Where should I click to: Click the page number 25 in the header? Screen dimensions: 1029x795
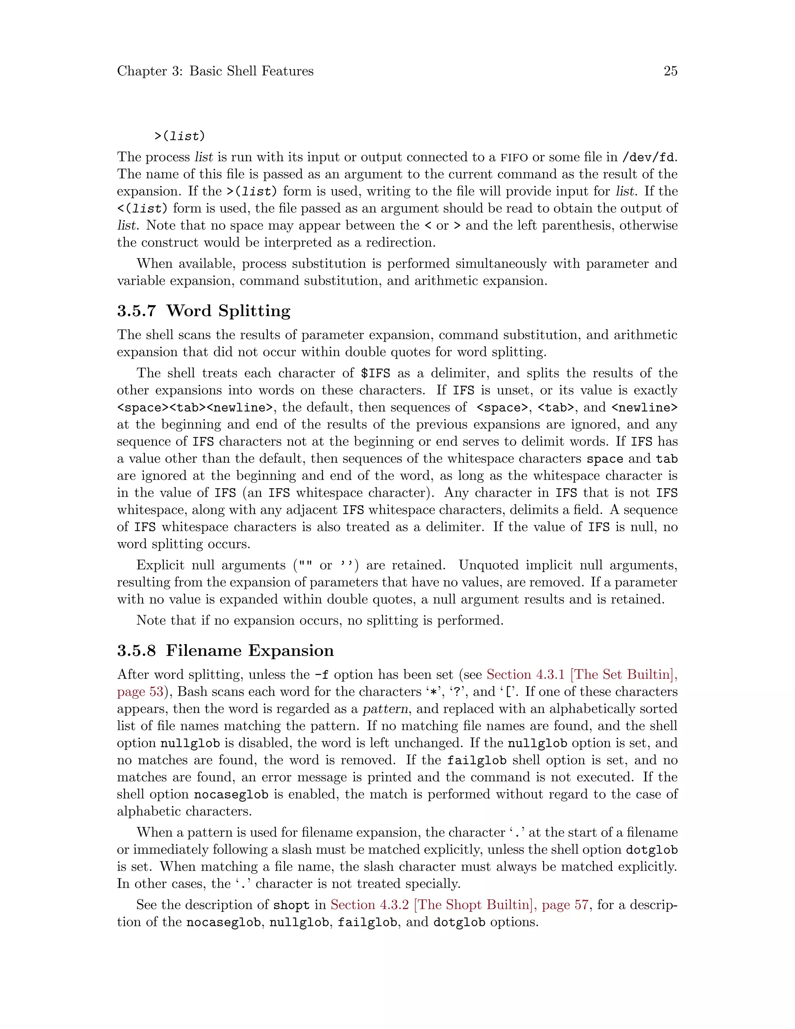click(670, 71)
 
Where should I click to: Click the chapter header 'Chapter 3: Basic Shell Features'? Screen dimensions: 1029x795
click(215, 71)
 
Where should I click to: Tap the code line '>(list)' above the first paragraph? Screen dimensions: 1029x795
click(179, 136)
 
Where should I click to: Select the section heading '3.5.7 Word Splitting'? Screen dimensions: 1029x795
click(203, 311)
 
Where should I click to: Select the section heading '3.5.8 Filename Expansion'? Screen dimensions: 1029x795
click(225, 651)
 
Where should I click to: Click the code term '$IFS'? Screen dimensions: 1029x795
click(375, 374)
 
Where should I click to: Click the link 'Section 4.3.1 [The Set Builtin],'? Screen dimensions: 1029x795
click(581, 675)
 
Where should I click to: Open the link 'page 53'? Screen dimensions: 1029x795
click(140, 692)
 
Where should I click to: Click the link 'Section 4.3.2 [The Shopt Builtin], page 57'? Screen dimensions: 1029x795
click(459, 905)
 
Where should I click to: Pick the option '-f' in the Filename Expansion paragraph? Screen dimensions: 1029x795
click(321, 675)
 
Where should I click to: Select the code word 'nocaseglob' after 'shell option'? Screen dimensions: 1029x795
click(231, 794)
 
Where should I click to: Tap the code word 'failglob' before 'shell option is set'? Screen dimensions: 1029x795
click(476, 760)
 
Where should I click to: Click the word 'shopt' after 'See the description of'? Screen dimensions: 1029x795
click(292, 905)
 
